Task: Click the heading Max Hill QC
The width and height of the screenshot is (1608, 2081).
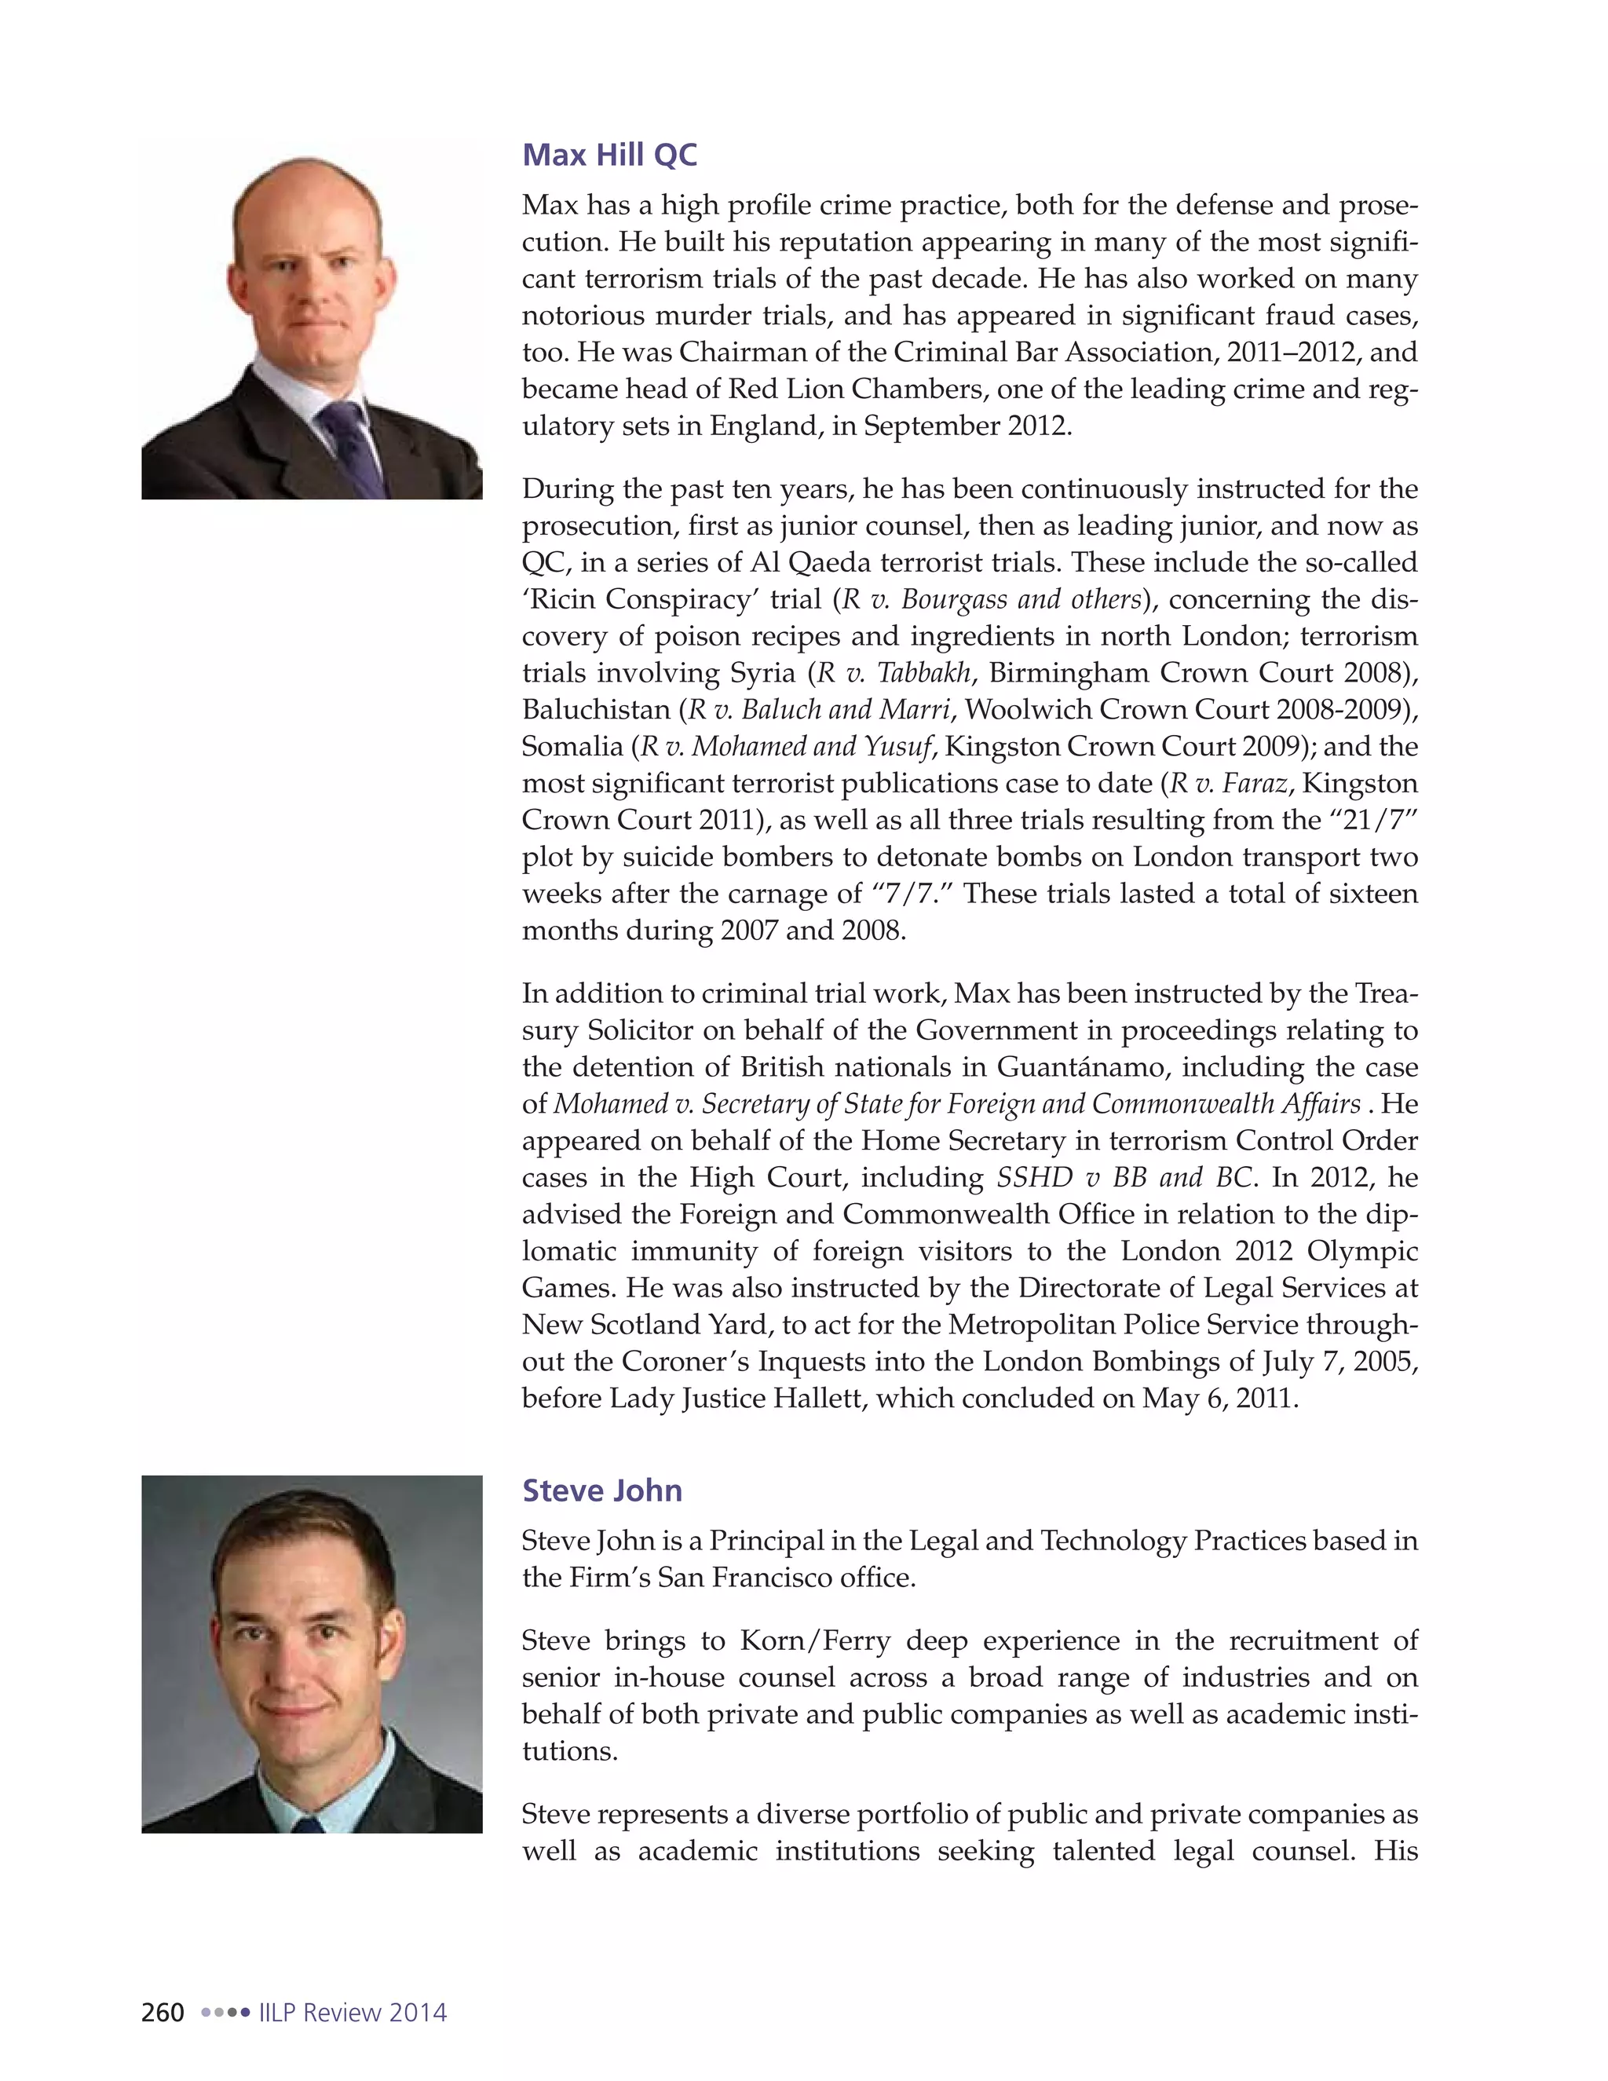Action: coord(609,155)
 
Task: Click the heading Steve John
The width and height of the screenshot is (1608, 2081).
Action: coord(602,1490)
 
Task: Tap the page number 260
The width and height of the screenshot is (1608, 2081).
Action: coord(163,2013)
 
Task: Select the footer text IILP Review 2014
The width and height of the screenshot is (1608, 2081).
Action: coord(353,2013)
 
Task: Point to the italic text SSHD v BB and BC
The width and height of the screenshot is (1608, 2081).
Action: coord(1124,1178)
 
